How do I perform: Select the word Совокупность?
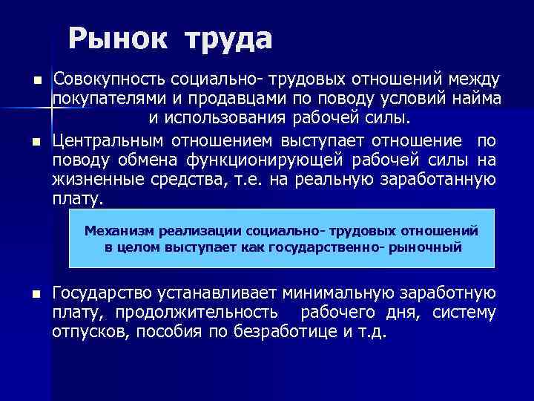click(109, 78)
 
